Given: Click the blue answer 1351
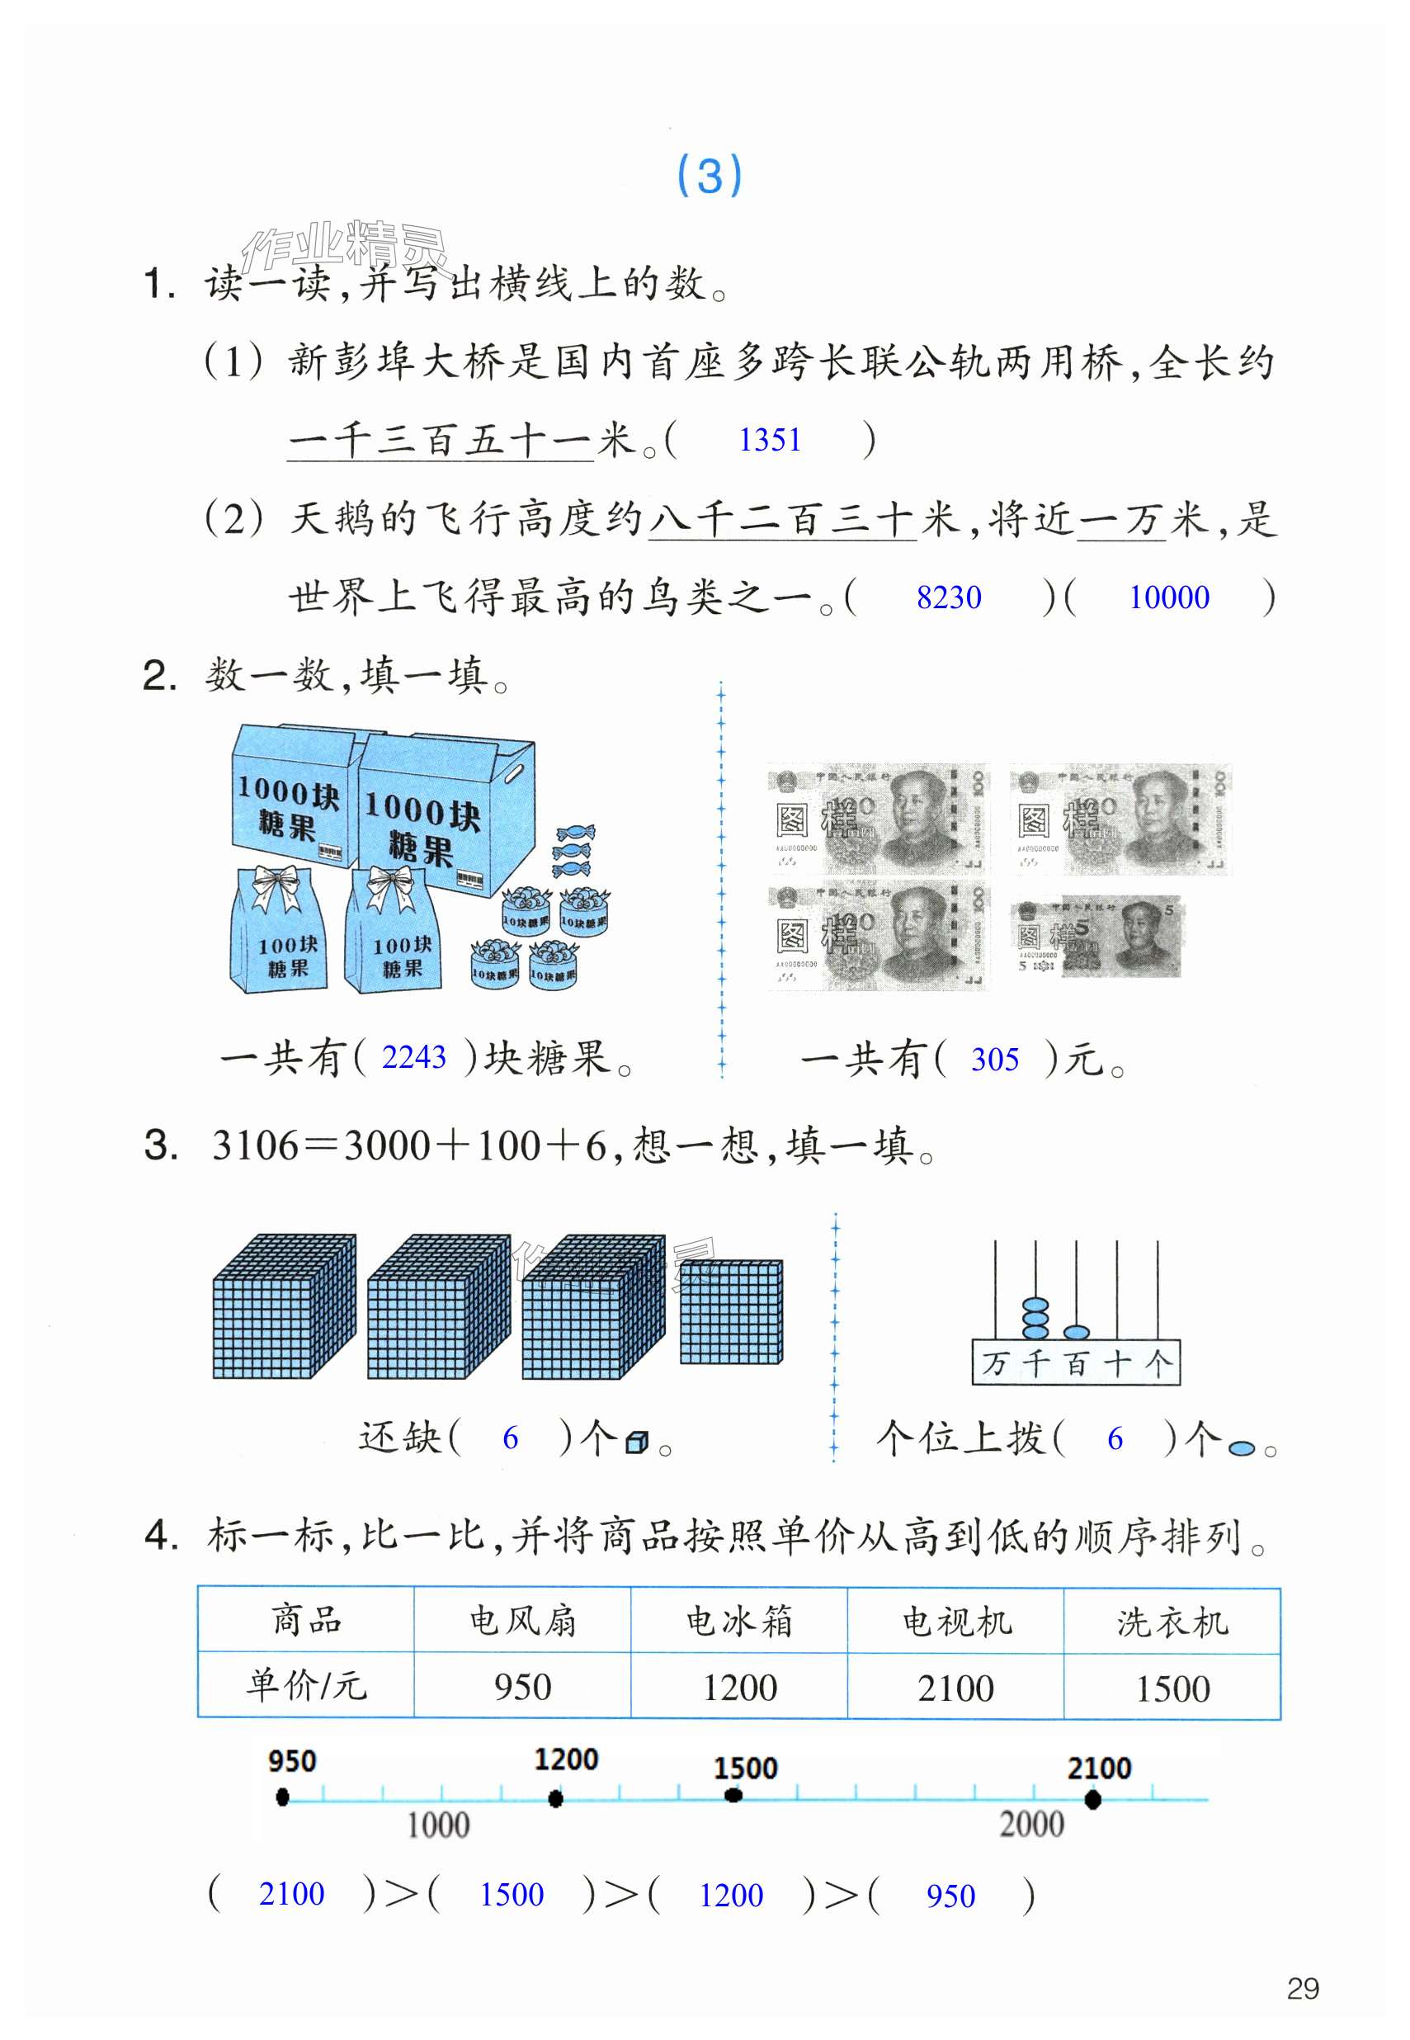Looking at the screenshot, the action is (x=770, y=439).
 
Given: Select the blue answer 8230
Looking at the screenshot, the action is (x=948, y=597).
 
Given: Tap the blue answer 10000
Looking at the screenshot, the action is (x=1168, y=597).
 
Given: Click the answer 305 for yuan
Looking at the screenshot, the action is (x=994, y=1059).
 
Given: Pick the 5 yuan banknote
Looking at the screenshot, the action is (x=1096, y=937).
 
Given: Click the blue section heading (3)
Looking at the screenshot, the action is (x=709, y=175).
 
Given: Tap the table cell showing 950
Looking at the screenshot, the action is (x=522, y=1687).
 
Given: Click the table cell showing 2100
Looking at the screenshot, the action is (x=955, y=1688).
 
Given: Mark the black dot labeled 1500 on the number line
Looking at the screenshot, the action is (x=733, y=1795).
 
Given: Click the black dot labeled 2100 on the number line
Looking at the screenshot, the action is (x=1093, y=1799).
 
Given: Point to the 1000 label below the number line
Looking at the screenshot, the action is (x=437, y=1825).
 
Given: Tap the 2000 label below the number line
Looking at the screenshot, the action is (x=1031, y=1825).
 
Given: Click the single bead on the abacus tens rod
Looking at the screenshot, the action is (x=1076, y=1330).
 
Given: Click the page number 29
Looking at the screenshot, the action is (x=1302, y=1989).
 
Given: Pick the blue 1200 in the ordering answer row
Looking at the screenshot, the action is (x=731, y=1895).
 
